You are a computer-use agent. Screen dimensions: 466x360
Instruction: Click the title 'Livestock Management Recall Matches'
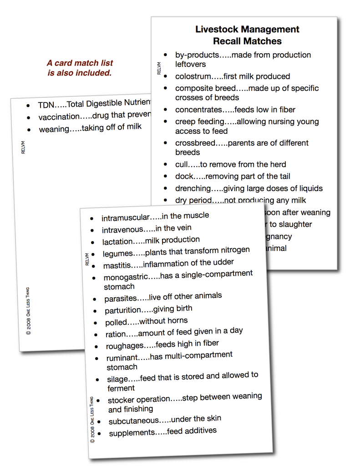click(x=247, y=35)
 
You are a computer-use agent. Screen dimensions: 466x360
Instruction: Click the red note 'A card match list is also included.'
click(x=80, y=68)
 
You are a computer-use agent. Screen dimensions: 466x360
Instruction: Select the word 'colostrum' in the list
click(x=193, y=76)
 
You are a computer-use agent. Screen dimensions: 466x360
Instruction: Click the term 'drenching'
click(x=193, y=188)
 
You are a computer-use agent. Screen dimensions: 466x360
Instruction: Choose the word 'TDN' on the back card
click(x=46, y=105)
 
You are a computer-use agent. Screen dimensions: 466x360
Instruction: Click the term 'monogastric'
click(x=126, y=277)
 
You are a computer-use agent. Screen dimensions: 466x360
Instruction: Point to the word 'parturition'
click(x=123, y=310)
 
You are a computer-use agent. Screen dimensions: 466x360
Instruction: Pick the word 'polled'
click(x=115, y=322)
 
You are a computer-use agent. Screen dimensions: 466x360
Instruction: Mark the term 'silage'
click(x=117, y=379)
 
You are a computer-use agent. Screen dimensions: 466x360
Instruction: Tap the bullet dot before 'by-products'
click(x=165, y=55)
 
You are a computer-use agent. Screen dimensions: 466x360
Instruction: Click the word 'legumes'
click(x=117, y=253)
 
